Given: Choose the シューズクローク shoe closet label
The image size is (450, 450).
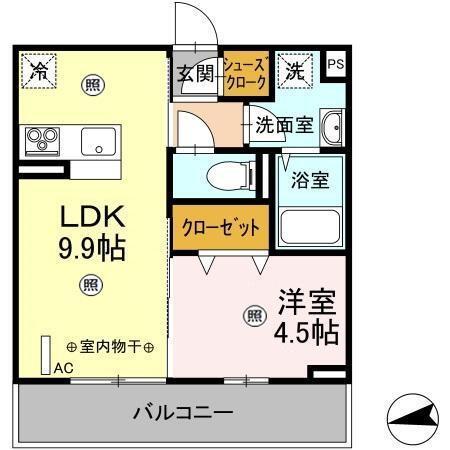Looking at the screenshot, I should [x=245, y=73].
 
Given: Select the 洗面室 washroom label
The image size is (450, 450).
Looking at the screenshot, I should [x=283, y=127].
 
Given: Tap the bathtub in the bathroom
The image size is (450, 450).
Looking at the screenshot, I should [x=311, y=227].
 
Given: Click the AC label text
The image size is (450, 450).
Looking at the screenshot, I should [x=64, y=368].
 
